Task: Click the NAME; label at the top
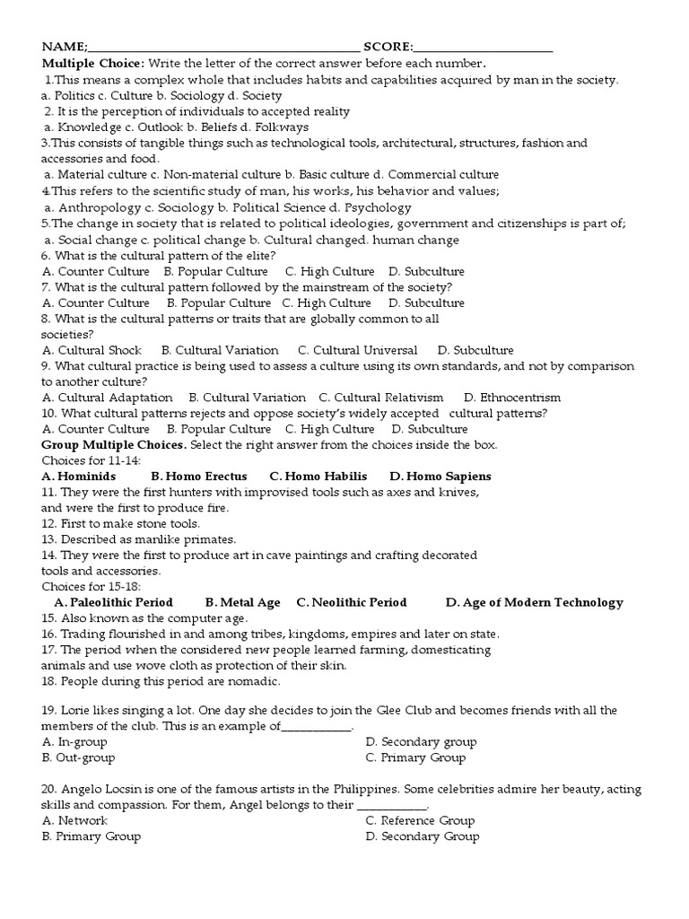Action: [x=62, y=48]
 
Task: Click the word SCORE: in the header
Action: [x=388, y=48]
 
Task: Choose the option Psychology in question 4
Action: [x=384, y=206]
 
